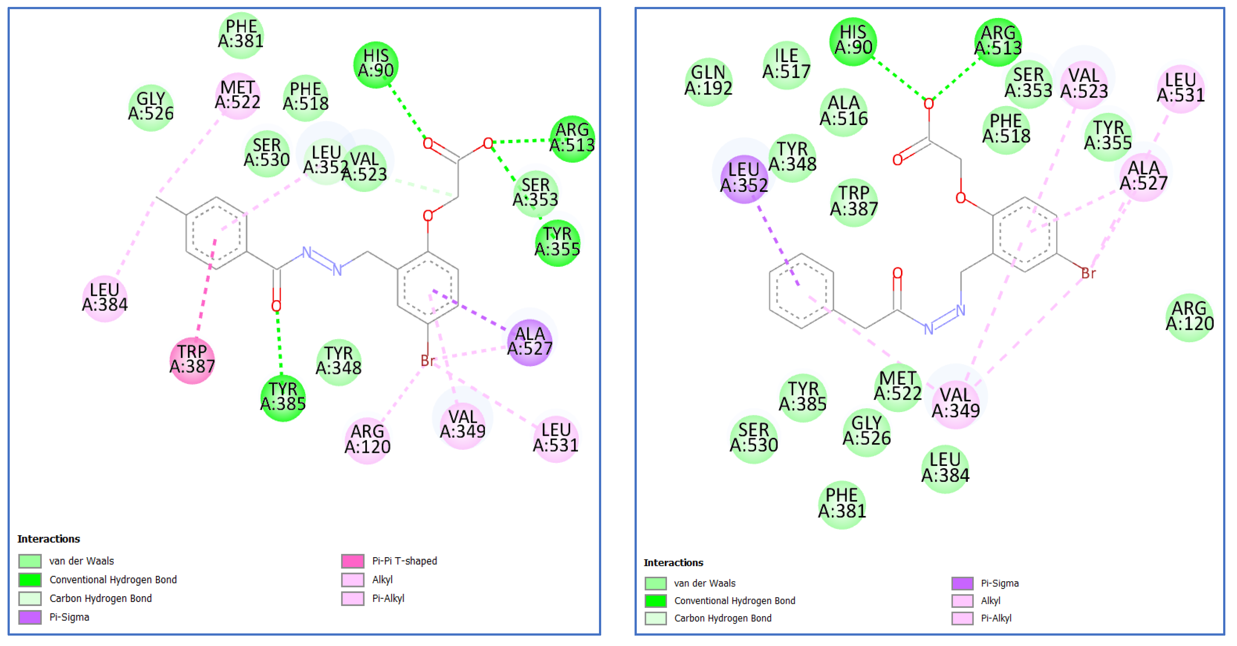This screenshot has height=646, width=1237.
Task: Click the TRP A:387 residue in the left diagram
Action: pos(192,359)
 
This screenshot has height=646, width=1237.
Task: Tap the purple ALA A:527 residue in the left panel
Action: pos(530,341)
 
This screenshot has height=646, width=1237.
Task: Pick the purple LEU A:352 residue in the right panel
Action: pos(744,178)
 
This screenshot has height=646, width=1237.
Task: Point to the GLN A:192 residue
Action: pos(708,80)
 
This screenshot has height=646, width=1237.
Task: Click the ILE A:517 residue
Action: pos(786,64)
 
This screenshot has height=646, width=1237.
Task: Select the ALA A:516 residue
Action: pos(843,111)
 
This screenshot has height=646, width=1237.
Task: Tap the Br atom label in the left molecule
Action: pos(427,361)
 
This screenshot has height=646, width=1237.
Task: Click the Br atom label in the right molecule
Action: pos(1088,273)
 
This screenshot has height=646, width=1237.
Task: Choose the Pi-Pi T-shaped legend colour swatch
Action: pos(352,561)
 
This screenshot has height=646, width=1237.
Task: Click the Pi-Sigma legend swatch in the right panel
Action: pos(962,583)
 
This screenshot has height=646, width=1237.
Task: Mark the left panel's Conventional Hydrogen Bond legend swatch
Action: pos(30,580)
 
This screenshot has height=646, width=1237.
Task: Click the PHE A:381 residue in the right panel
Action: pos(842,503)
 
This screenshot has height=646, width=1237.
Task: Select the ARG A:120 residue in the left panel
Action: pos(368,439)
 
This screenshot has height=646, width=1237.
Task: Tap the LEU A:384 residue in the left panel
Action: pos(105,297)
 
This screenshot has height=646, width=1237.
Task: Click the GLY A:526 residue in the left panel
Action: pos(151,107)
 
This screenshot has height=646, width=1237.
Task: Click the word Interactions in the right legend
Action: pos(673,563)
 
